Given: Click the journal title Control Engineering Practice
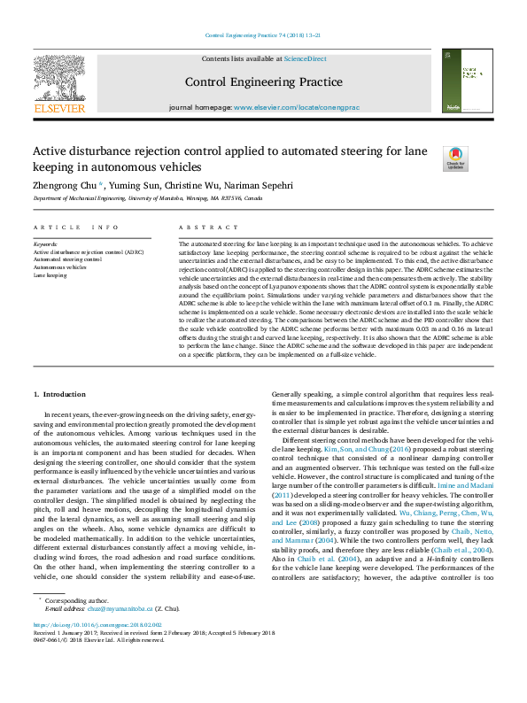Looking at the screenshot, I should tap(263, 82).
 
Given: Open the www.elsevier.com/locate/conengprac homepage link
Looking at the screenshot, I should tap(296, 107).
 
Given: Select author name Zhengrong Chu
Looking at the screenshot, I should tap(66, 186).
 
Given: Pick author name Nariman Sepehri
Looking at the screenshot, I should tap(263, 186).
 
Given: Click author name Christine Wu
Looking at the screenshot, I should tap(194, 186).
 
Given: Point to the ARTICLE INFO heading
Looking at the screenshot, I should tap(75, 228).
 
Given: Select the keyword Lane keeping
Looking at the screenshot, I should tap(50, 275).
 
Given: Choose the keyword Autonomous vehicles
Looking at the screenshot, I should tap(61, 267).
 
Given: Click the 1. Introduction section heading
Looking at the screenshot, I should tap(59, 393).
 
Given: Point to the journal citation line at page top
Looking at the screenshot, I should tap(263, 35).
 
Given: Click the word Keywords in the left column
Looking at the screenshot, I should tap(45, 243).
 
